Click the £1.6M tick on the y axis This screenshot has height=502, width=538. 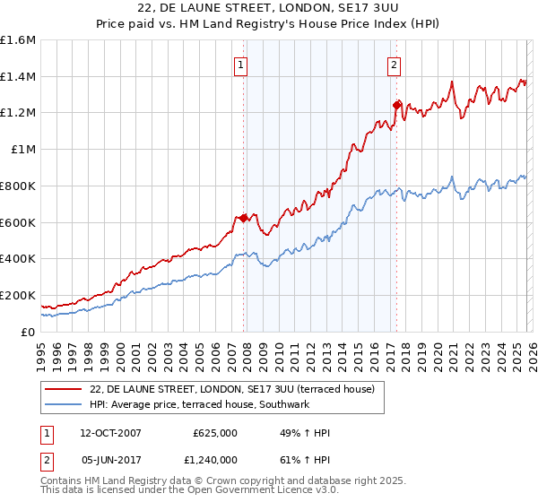pyautogui.click(x=18, y=40)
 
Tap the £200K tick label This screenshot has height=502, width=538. pyautogui.click(x=18, y=295)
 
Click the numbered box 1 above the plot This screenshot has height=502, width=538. pyautogui.click(x=242, y=64)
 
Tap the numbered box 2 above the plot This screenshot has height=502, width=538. pyautogui.click(x=395, y=64)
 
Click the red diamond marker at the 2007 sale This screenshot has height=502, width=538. pyautogui.click(x=243, y=218)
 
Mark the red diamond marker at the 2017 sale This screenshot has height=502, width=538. pyautogui.click(x=396, y=106)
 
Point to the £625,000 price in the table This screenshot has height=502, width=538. pyautogui.click(x=215, y=433)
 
